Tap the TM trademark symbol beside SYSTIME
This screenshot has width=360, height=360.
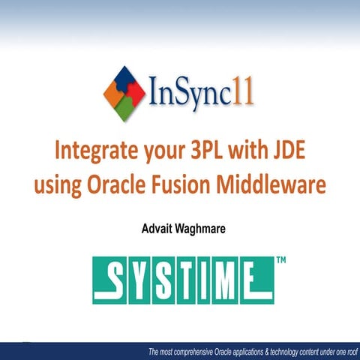pyautogui.click(x=282, y=261)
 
